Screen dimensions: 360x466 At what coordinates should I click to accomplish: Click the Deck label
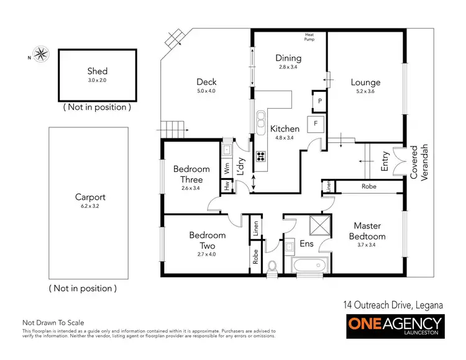206,82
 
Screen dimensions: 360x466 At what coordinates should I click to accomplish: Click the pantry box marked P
319,100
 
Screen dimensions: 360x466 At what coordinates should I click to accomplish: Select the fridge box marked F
316,123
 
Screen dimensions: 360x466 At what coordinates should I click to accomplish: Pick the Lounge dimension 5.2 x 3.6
365,91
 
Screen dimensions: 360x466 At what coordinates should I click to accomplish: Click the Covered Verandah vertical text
419,163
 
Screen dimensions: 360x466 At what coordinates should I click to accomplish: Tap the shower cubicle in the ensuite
319,224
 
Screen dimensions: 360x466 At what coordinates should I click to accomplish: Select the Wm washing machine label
227,168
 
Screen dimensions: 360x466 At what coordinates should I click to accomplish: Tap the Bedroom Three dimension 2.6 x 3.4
191,187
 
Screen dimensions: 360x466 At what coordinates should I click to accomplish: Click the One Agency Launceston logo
394,326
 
